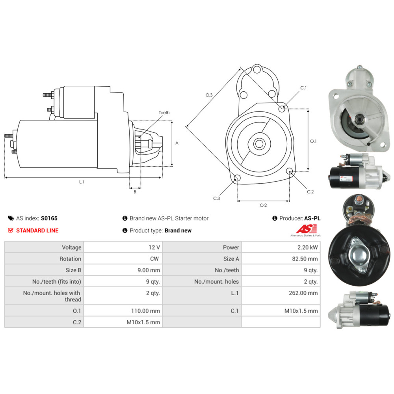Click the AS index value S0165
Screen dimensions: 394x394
click(49, 218)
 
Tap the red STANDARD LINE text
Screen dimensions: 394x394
click(37, 230)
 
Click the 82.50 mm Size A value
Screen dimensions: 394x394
click(305, 259)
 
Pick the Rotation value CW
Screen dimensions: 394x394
click(154, 259)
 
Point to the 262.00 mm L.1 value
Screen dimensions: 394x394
click(303, 293)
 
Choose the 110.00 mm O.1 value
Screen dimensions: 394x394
click(145, 311)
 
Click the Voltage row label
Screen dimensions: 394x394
click(72, 247)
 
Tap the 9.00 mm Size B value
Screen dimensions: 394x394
click(149, 270)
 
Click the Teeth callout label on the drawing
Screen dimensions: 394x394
click(164, 113)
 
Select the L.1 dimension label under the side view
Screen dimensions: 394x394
click(82, 182)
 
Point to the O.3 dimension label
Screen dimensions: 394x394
click(209, 95)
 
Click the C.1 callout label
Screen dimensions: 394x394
click(303, 88)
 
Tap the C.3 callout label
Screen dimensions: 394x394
click(216, 198)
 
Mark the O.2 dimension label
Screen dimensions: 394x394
click(263, 205)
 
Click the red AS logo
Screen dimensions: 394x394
click(306, 229)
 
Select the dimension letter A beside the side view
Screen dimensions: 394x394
click(177, 143)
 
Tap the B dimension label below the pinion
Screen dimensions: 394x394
click(135, 192)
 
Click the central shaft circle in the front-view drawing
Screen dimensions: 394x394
click(259, 144)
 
